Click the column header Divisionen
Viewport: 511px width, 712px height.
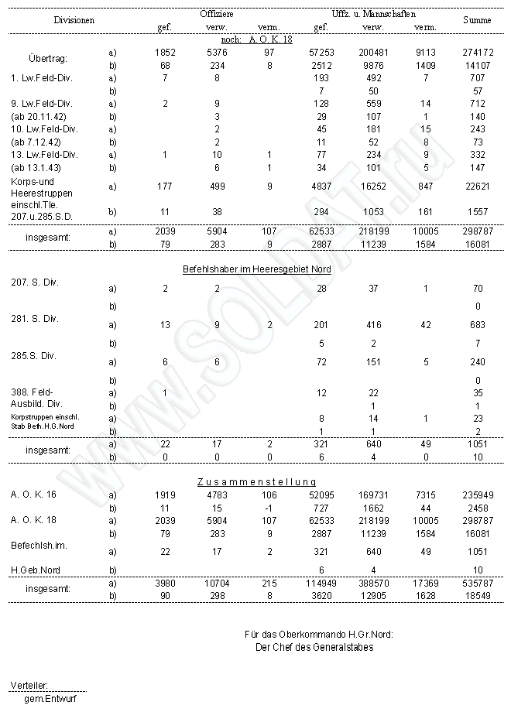click(x=74, y=19)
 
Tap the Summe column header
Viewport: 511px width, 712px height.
click(x=477, y=19)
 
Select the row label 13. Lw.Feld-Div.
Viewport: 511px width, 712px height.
click(x=45, y=154)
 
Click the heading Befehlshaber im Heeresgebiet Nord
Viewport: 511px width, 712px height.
click(x=256, y=269)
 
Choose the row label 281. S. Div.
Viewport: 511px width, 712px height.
click(x=35, y=318)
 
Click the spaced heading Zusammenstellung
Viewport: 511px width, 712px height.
click(x=256, y=481)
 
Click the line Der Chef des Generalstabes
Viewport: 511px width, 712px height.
click(x=314, y=647)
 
